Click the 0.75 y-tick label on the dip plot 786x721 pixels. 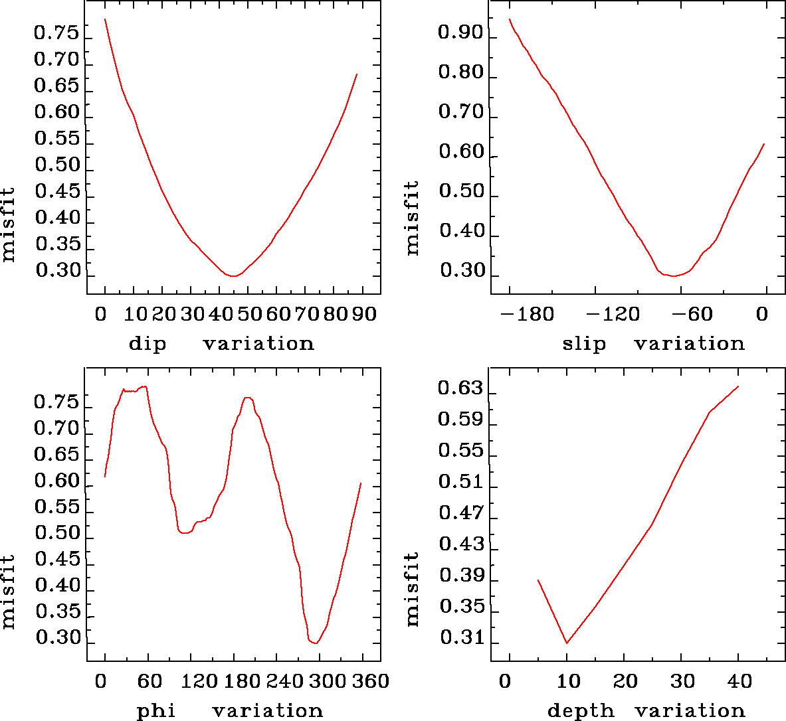tap(56, 34)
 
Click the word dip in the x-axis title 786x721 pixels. tap(147, 344)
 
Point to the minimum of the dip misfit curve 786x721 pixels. tap(233, 276)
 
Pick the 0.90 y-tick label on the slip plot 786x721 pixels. tap(460, 33)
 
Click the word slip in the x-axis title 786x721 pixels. tap(584, 344)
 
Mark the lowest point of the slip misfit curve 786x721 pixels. tap(673, 276)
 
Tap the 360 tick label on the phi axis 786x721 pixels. tap(368, 682)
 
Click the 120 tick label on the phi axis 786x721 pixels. tap(199, 682)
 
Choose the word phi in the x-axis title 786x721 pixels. tap(156, 711)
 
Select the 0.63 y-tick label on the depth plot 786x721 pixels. tap(460, 388)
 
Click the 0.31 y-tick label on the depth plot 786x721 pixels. tap(460, 639)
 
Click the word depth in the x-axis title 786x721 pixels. tap(581, 711)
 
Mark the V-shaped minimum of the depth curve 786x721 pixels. tap(567, 643)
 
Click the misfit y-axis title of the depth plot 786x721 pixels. tap(413, 589)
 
